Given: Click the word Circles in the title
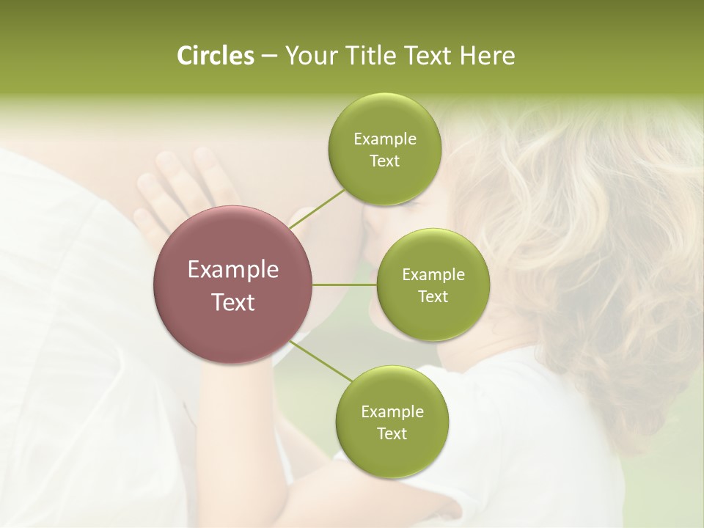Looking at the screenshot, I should [216, 56].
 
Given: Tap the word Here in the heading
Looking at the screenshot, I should [487, 56].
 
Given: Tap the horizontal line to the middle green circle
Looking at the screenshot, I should [345, 285].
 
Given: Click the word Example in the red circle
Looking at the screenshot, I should [233, 270].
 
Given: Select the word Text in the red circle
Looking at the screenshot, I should [233, 302].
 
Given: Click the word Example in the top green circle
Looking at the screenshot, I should [384, 139].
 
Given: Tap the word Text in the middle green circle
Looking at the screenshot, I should [433, 297].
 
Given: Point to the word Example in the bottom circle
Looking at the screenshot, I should [392, 412].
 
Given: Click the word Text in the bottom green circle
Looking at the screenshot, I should [392, 434].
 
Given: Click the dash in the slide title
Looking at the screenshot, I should [269, 56].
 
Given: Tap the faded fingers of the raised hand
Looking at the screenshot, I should [176, 176].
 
